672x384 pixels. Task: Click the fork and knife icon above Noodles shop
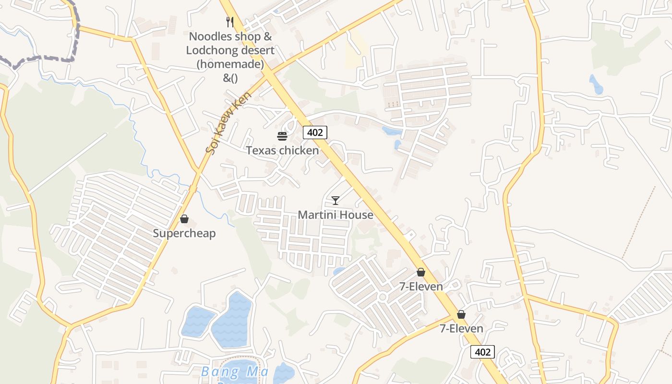230,22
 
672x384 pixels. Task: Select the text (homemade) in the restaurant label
230,64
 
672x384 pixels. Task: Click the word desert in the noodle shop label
257,50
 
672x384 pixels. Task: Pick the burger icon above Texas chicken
282,136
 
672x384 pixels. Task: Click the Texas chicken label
282,150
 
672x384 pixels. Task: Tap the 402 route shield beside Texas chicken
315,132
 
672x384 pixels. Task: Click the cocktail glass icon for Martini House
336,200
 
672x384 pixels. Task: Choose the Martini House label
336,215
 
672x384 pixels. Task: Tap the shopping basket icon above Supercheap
184,219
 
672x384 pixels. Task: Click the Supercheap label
184,233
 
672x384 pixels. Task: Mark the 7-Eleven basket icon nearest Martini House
421,273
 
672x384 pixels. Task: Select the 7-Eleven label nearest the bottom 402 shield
461,329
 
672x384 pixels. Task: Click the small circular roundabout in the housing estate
383,297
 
